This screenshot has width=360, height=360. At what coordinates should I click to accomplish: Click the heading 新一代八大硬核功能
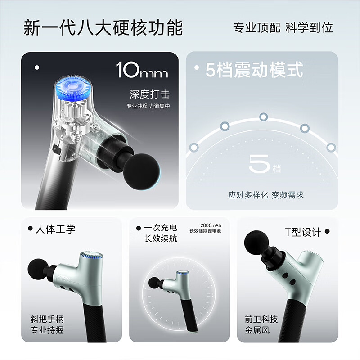103,27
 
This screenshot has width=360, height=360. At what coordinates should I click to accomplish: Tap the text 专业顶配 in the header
256,27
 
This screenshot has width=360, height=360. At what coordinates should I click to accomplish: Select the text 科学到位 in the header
310,27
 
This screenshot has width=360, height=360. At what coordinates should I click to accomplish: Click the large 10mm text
142,71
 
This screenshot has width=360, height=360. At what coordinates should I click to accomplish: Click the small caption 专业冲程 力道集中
148,107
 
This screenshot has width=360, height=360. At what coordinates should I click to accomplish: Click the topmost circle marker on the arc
264,117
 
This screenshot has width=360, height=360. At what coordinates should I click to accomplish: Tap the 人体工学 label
55,229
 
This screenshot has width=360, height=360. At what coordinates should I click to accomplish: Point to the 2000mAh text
211,225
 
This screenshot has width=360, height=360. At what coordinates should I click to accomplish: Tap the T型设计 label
303,232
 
